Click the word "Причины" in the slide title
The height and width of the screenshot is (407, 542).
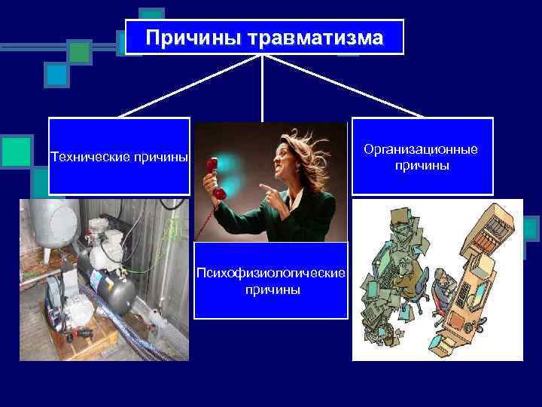tap(188, 37)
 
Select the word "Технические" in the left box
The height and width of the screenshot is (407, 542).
tap(87, 158)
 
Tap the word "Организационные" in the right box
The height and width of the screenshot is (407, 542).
tap(421, 149)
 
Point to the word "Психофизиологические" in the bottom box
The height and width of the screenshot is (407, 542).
tap(271, 271)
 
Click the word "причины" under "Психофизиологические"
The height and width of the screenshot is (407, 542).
tap(271, 289)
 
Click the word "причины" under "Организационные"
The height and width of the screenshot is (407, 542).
tap(421, 165)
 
